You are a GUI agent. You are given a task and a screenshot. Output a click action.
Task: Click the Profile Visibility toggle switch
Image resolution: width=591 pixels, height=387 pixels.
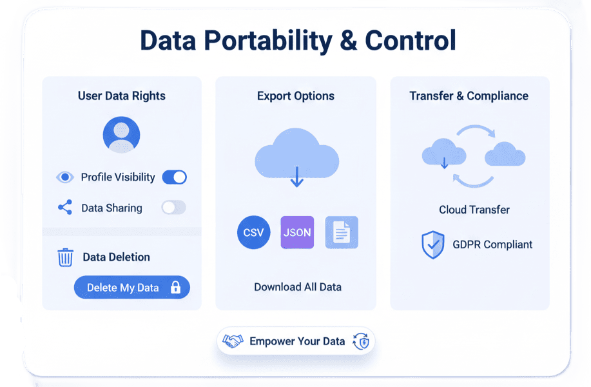(x=174, y=177)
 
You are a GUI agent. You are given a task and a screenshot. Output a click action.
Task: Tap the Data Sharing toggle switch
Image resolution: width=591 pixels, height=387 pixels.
(x=173, y=208)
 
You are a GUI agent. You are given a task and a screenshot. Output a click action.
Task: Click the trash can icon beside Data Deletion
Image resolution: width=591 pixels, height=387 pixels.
(x=65, y=257)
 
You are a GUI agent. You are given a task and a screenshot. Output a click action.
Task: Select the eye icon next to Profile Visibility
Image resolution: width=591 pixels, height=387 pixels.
(x=65, y=177)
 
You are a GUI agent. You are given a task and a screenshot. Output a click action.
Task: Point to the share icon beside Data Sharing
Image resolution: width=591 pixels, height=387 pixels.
(x=65, y=208)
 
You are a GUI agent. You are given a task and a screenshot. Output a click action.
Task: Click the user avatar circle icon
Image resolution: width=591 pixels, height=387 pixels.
(x=121, y=135)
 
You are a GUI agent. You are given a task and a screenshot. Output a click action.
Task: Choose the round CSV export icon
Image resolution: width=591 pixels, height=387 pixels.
(x=254, y=233)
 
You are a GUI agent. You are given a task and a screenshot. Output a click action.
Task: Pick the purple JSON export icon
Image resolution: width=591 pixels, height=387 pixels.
(x=298, y=233)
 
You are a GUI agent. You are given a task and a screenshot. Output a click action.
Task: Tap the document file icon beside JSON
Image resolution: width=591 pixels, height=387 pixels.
(x=342, y=233)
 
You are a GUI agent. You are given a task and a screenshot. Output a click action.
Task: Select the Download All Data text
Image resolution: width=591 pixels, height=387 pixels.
(x=298, y=287)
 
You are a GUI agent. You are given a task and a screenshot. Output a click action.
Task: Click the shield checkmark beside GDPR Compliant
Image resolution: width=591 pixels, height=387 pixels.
(x=432, y=245)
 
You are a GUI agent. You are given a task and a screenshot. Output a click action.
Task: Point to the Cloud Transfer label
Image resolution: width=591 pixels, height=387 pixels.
(x=474, y=210)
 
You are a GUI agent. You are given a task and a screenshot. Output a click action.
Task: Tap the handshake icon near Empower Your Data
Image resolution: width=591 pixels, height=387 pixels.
(x=233, y=341)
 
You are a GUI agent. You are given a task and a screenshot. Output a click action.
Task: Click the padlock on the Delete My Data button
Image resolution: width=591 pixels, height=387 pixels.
(x=175, y=288)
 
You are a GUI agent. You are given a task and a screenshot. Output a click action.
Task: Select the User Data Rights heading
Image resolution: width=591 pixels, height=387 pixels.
(x=122, y=96)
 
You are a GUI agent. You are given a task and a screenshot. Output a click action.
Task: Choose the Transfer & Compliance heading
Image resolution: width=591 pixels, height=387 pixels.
(x=469, y=96)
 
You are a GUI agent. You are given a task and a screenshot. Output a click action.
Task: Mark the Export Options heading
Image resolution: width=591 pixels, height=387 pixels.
(x=296, y=96)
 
